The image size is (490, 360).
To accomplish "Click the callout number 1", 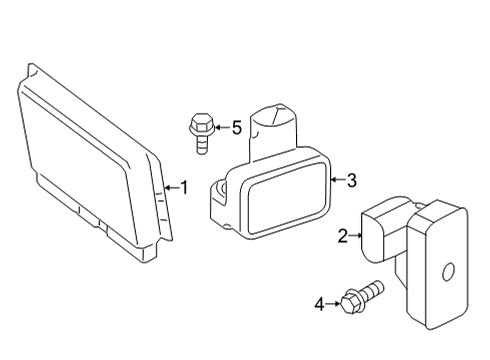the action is pos(185,187).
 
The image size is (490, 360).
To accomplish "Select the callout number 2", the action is pos(343,236).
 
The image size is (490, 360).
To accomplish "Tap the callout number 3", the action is pos(352,180).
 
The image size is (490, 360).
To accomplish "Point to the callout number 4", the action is pos(319,304).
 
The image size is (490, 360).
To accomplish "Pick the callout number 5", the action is pos(236,127).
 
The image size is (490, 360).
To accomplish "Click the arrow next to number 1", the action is pos(172,188).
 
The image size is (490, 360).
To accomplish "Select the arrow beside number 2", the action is pos(355,236).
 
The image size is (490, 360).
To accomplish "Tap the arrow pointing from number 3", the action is pos(338,180).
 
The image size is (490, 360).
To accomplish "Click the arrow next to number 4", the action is pos(333,304).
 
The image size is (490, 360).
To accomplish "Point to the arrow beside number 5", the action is pos(222,127).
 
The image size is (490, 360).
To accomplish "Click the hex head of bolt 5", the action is pos(201,123).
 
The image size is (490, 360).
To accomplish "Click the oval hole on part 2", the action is pos(447,271).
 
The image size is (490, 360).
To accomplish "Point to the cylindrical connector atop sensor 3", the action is pos(273,128).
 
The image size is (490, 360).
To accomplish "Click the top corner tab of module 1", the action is pos(32,70).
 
